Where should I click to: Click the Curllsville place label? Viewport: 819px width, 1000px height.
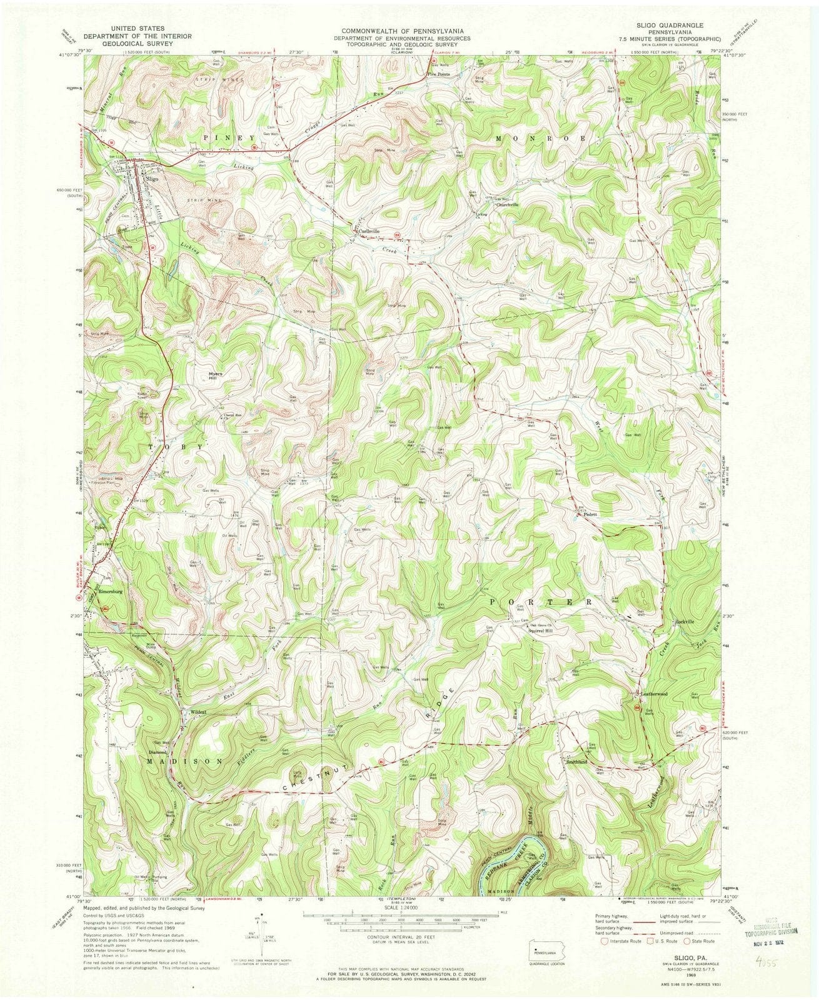pos(368,231)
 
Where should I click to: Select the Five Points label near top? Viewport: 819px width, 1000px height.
pos(439,74)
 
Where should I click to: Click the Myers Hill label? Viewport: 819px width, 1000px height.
pos(215,376)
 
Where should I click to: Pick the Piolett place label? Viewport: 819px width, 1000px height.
pos(590,514)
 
